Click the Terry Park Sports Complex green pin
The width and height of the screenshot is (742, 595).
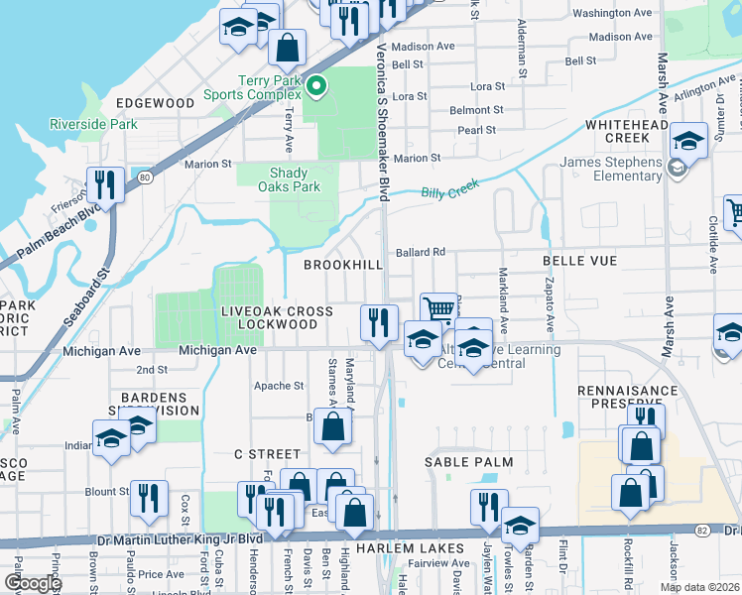click(x=316, y=86)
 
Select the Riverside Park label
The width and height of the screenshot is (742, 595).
click(x=94, y=125)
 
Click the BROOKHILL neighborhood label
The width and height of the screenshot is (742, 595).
click(x=342, y=266)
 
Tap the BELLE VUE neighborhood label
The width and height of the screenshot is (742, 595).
click(x=579, y=261)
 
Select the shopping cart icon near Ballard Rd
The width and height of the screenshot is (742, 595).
click(x=438, y=308)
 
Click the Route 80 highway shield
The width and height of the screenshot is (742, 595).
click(x=146, y=178)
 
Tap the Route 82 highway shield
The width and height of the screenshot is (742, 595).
click(x=700, y=532)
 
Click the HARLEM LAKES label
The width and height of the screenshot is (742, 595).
click(x=410, y=548)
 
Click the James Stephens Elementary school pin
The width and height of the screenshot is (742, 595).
click(x=677, y=169)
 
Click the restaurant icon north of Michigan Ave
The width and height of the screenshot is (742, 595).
click(x=378, y=322)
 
